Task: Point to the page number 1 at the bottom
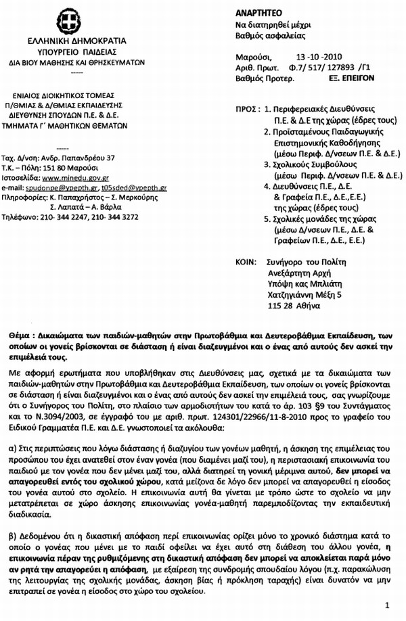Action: pyautogui.click(x=386, y=604)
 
